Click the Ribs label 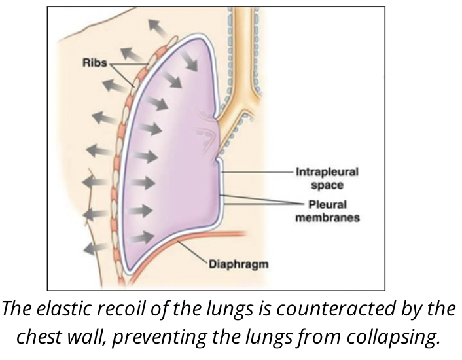click(96, 63)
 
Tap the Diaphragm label click(239, 265)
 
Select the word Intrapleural click(327, 173)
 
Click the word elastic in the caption click(63, 311)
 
